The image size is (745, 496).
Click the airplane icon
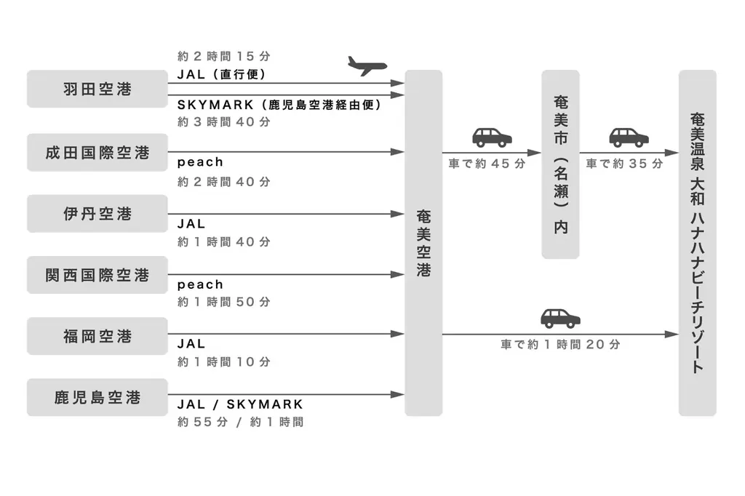point(367,66)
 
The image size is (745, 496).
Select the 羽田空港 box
point(97,89)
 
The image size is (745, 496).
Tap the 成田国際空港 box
point(97,153)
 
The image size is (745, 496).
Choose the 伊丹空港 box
point(97,214)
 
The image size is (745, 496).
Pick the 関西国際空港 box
point(97,275)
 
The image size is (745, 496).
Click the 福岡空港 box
point(97,336)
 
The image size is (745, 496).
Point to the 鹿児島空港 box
point(97,397)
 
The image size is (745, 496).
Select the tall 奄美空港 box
point(423,243)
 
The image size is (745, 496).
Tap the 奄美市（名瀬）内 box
point(560,164)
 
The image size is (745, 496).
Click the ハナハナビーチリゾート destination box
point(697,243)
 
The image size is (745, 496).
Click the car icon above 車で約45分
point(492,137)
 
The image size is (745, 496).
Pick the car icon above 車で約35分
point(629,137)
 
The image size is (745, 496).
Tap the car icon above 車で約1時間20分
point(560,318)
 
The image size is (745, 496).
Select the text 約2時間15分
point(224,56)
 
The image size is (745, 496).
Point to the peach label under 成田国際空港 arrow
point(200,162)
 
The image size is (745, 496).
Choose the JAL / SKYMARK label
point(240,404)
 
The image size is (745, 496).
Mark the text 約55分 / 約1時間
point(240,422)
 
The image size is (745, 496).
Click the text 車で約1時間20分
point(560,345)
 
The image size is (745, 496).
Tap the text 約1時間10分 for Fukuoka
point(224,361)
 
